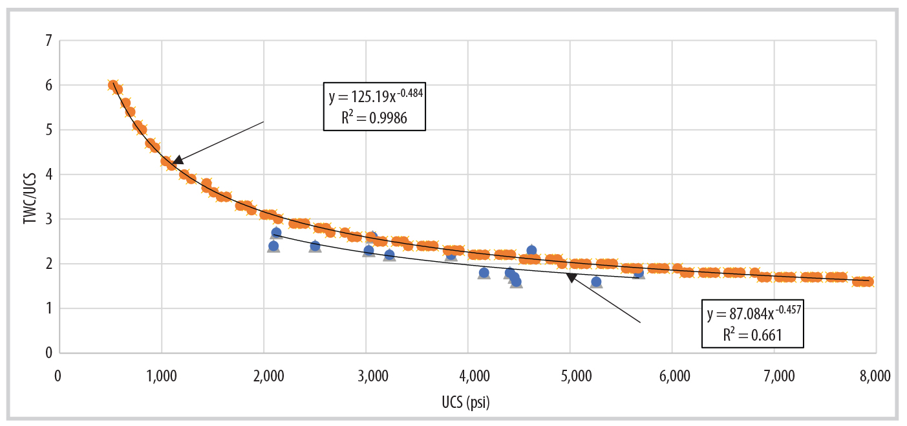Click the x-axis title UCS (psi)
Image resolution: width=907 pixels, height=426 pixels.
coord(466,404)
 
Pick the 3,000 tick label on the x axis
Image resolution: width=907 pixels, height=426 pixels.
coord(365,376)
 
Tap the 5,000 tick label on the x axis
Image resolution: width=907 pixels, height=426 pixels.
coord(570,376)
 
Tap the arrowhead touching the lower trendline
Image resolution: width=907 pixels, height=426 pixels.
coord(571,278)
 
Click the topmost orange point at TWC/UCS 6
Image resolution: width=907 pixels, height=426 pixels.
coord(113,85)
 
